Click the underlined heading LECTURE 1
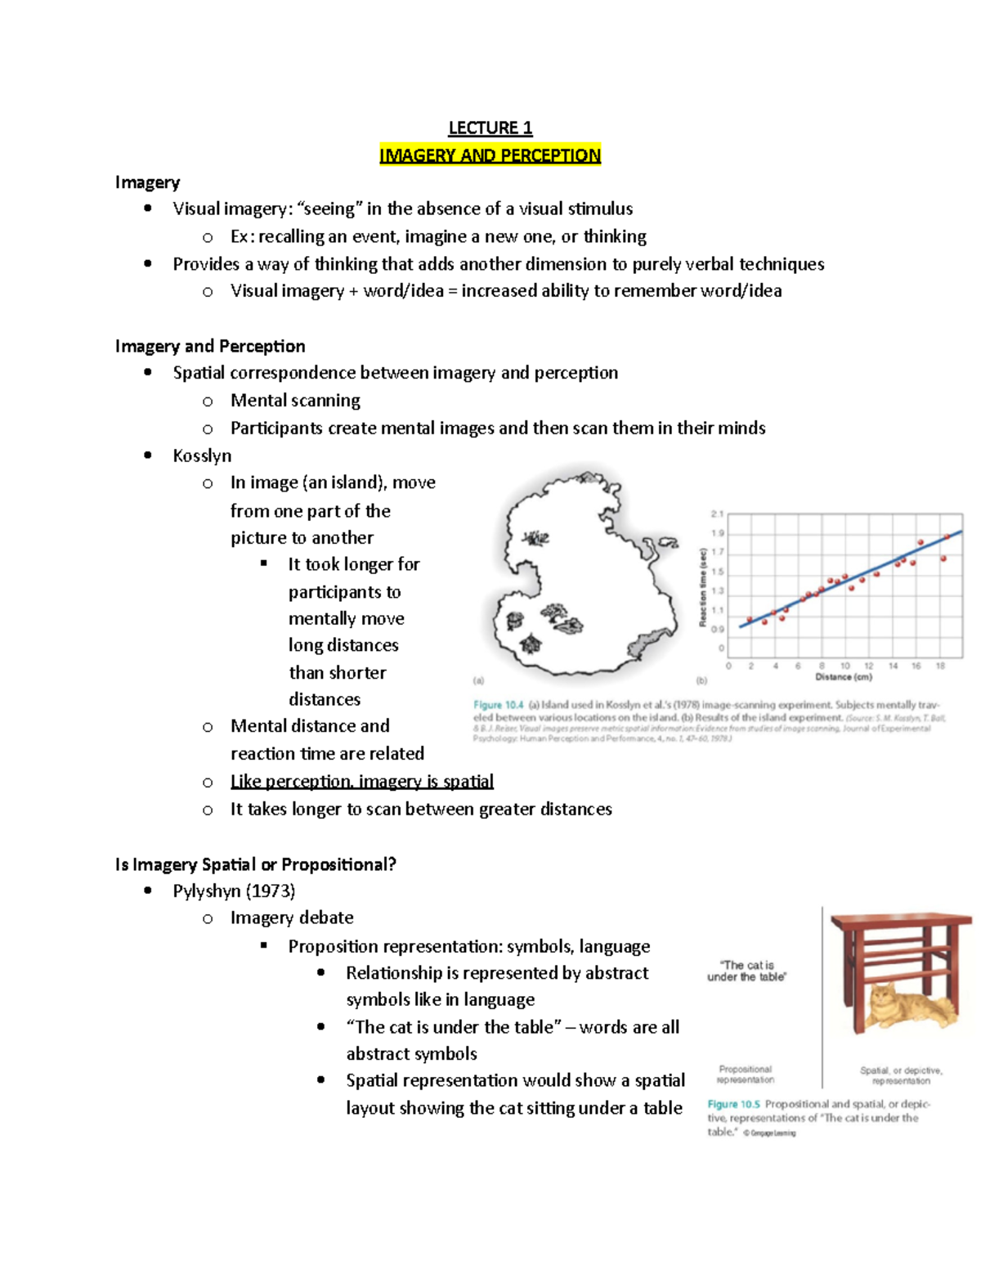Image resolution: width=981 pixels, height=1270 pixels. [490, 128]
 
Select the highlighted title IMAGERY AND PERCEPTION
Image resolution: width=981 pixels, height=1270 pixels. [490, 155]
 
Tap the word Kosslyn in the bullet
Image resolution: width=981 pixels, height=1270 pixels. [202, 455]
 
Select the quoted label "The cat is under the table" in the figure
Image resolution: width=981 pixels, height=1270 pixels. [746, 971]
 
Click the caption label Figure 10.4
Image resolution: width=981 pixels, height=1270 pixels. [498, 705]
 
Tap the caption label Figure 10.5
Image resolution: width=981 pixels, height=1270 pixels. [733, 1104]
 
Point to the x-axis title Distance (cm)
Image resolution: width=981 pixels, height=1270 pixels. [843, 677]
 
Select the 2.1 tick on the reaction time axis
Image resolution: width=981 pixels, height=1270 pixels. [717, 514]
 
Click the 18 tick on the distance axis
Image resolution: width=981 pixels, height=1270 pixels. [940, 666]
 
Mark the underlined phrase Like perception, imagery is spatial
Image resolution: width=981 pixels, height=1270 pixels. [361, 781]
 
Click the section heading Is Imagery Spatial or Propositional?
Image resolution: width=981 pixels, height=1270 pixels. [255, 864]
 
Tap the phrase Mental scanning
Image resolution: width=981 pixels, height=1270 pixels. [295, 400]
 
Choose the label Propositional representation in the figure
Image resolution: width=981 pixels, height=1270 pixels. [745, 1074]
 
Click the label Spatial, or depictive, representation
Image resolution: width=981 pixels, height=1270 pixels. [901, 1075]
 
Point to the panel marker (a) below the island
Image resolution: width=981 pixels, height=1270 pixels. [479, 680]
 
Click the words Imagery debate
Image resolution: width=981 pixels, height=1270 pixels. [292, 918]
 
